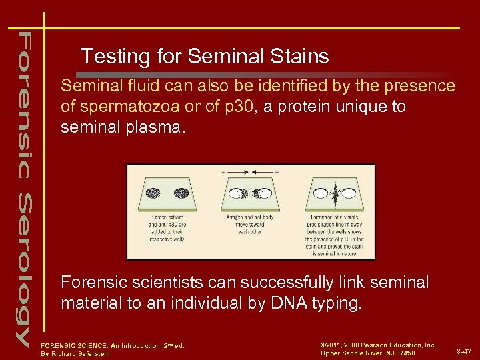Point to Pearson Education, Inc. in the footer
click(x=393, y=345)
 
